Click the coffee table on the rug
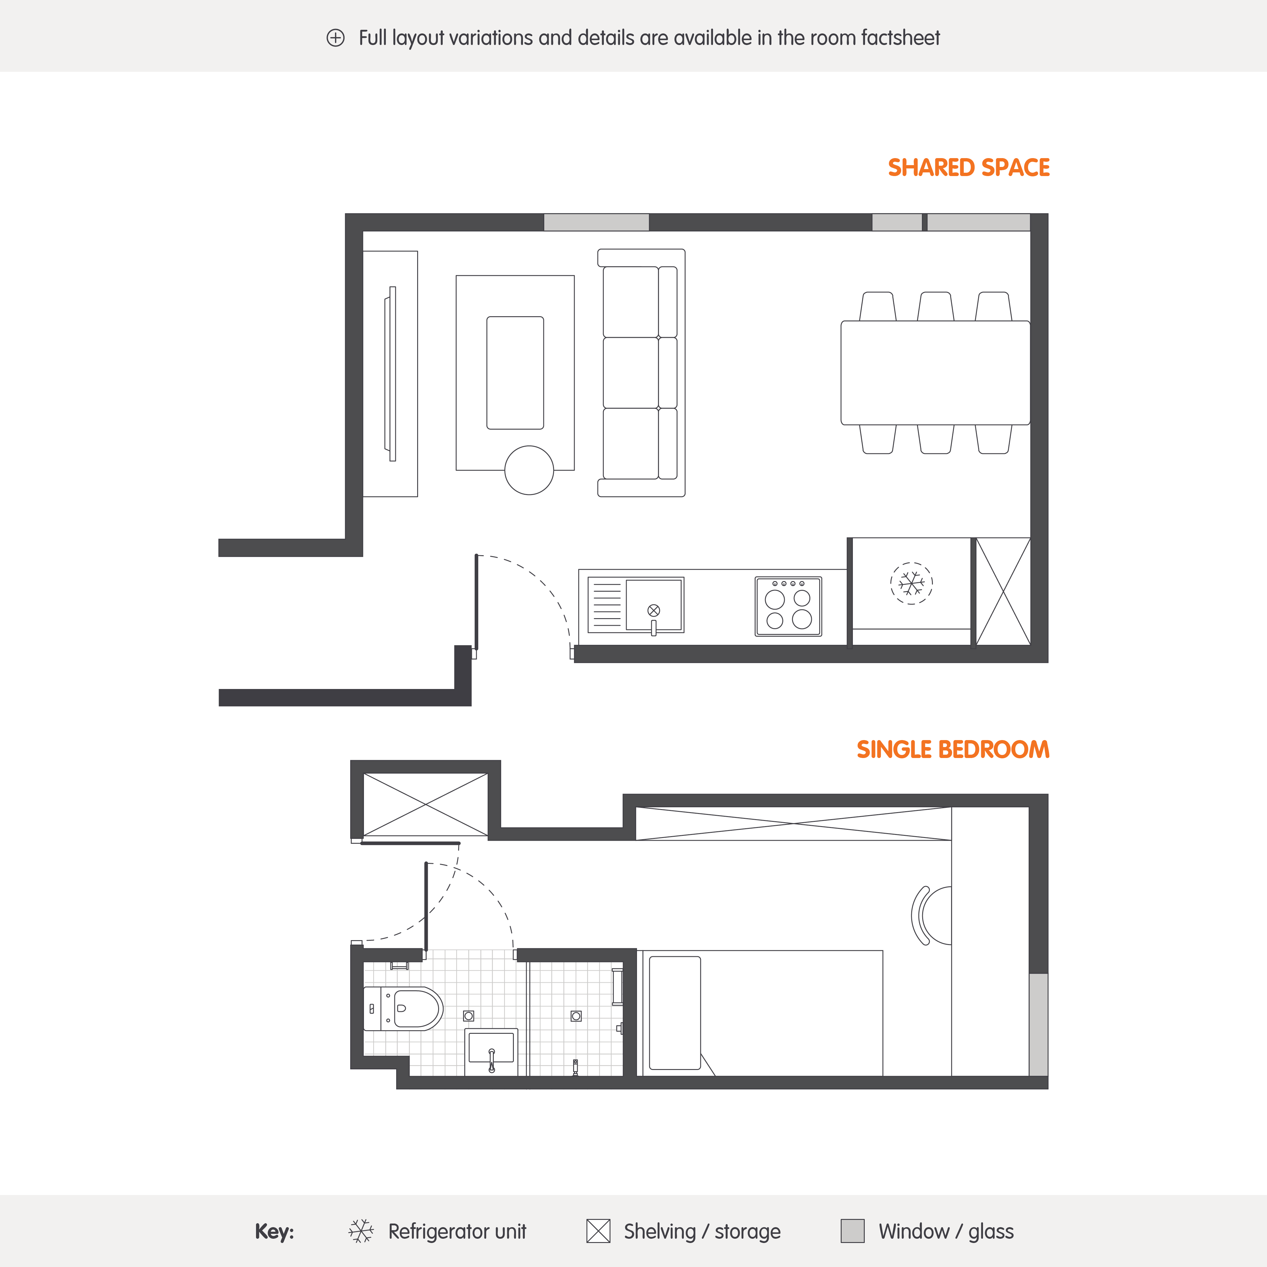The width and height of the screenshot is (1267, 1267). (515, 372)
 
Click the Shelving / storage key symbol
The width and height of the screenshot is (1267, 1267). (598, 1231)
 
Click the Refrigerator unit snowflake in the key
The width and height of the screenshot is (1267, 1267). (361, 1231)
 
